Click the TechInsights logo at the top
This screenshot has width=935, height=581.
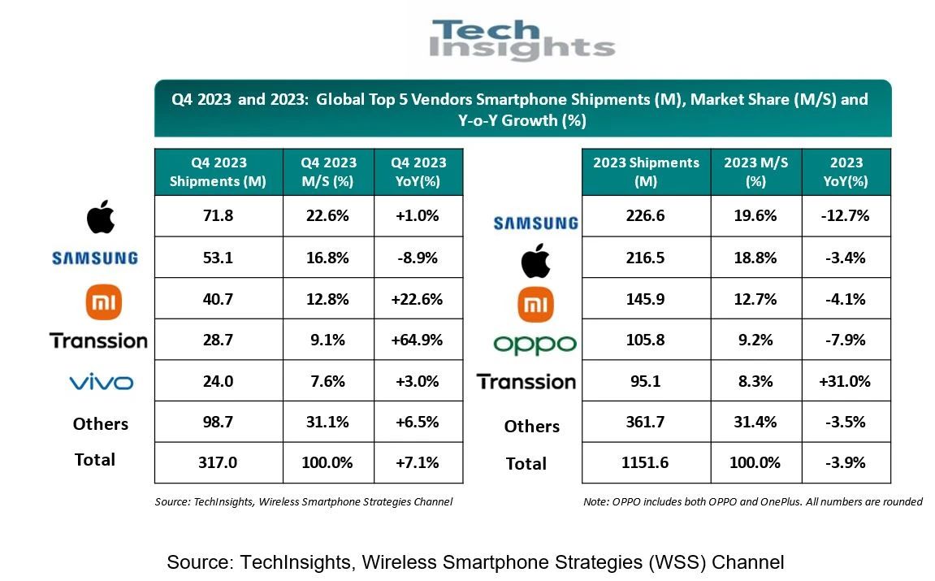[x=522, y=40]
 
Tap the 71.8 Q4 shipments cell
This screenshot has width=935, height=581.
[x=218, y=216]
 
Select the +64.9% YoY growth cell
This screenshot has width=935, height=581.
[x=418, y=340]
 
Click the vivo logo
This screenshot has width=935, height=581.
[x=101, y=382]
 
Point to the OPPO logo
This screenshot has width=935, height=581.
[x=534, y=344]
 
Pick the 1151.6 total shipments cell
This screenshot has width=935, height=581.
[x=646, y=462]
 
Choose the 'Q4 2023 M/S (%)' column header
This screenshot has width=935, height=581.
[x=327, y=171]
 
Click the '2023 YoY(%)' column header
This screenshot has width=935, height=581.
[x=846, y=171]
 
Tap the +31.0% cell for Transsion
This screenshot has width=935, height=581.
[x=846, y=381]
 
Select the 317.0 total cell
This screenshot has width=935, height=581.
[x=218, y=462]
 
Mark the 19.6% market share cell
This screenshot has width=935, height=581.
[x=755, y=216]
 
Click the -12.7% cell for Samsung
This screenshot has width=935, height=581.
[x=846, y=216]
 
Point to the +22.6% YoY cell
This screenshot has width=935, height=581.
[x=418, y=299]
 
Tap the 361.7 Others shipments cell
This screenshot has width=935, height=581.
[x=646, y=422]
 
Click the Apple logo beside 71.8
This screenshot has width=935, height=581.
[x=101, y=217]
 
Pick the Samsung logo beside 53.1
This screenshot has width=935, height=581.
[x=94, y=258]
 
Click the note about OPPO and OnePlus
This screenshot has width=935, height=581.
[x=752, y=501]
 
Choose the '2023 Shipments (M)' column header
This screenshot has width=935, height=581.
[x=646, y=171]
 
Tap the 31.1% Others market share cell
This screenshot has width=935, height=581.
[x=327, y=422]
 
